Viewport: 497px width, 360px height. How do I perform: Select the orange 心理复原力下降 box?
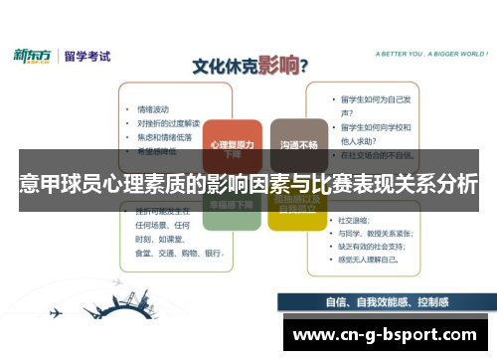click(232, 147)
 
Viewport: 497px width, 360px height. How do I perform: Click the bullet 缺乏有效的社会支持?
click(383, 245)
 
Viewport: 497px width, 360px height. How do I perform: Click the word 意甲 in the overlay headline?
click(36, 184)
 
